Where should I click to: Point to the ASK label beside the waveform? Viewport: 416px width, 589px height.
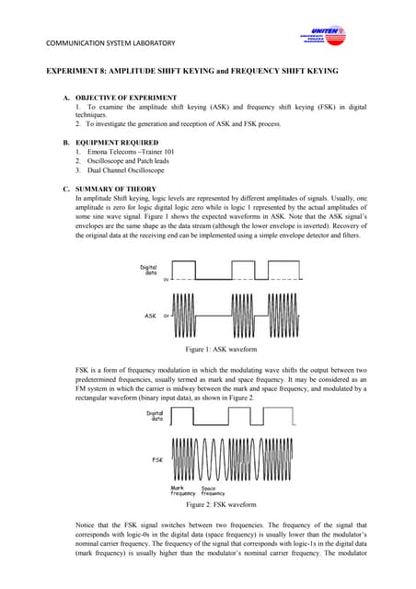[149, 316]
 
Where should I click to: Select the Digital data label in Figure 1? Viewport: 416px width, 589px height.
[148, 271]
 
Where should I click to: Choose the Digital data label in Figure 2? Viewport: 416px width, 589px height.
[156, 416]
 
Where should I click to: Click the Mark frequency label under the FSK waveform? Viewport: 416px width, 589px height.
[183, 491]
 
